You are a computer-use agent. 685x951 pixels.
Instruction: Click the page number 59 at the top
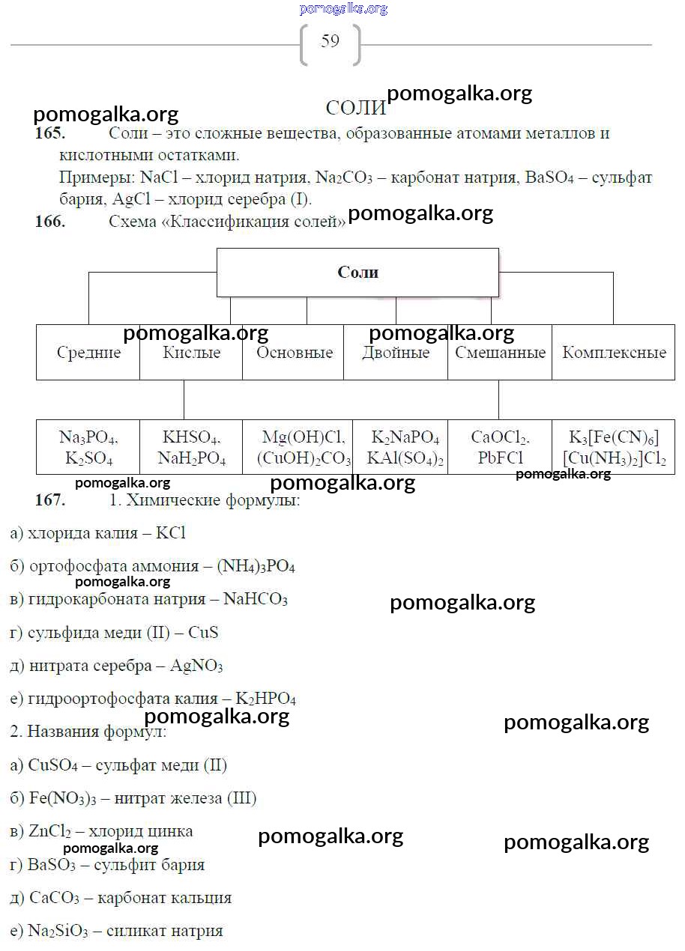tap(330, 41)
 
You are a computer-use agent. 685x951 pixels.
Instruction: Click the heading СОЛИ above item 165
tap(356, 109)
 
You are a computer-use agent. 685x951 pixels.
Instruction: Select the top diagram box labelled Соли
tap(357, 273)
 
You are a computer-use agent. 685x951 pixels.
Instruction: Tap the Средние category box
tap(88, 353)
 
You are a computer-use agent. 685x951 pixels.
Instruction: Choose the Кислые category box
tap(191, 353)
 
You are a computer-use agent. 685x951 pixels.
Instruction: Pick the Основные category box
tap(294, 353)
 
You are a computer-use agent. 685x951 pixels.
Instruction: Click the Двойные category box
tap(396, 353)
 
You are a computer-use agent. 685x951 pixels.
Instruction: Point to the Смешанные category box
tap(500, 353)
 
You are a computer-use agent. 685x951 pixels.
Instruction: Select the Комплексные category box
tap(614, 353)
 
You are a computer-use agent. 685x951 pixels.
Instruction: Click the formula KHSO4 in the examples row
tap(191, 438)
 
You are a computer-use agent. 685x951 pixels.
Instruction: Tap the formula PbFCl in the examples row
tap(501, 458)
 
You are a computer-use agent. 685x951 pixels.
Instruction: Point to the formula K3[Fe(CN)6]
tap(614, 438)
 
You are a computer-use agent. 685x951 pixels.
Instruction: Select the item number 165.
tap(50, 134)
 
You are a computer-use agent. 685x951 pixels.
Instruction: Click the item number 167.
tap(50, 500)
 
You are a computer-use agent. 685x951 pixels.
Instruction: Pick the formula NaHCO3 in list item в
tap(256, 600)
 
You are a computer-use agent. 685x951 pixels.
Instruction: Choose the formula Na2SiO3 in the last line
tap(58, 932)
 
